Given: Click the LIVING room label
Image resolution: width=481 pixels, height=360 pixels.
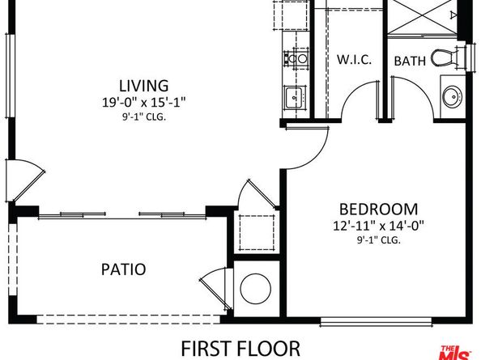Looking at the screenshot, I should tap(143, 85).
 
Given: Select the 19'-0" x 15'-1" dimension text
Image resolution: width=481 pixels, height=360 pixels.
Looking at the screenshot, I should tap(143, 103).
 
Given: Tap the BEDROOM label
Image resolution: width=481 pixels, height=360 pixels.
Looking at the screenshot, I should tap(379, 208).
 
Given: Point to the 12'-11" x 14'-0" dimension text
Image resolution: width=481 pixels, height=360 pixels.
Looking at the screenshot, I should tap(379, 226).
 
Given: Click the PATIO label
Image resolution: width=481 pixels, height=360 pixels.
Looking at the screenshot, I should tap(124, 269).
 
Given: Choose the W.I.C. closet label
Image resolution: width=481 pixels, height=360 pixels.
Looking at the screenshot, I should tap(355, 60).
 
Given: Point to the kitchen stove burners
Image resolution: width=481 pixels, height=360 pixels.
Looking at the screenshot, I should tap(296, 58).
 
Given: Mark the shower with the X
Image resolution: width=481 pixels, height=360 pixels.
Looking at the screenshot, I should tap(423, 16).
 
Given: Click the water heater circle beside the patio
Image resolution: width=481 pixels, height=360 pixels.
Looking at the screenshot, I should tap(256, 290).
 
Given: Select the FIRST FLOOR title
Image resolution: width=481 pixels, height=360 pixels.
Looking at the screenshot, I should tap(240, 349).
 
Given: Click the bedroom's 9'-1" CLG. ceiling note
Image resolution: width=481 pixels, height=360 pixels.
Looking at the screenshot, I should tap(379, 240).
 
